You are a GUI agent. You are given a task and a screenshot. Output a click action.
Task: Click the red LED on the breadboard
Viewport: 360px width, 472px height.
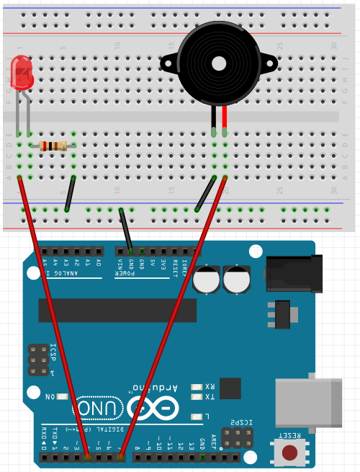(22, 71)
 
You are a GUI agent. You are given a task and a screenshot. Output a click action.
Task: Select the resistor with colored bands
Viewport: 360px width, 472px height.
(54, 146)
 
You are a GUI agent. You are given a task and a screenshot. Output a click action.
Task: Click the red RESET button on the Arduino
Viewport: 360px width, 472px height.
(290, 453)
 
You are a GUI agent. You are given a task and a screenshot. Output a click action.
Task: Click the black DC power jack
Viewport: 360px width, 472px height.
(292, 275)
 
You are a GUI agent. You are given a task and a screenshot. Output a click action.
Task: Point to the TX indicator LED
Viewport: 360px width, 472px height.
(197, 397)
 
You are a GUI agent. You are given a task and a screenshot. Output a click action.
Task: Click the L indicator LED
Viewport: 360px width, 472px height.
(197, 417)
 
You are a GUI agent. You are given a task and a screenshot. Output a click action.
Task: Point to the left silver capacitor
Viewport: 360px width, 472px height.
(207, 279)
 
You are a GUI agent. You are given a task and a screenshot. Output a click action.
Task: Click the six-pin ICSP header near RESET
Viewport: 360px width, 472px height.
(237, 437)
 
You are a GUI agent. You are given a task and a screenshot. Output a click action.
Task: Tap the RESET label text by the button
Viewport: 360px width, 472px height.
(290, 436)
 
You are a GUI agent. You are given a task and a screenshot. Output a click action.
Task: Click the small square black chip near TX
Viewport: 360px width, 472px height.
(230, 388)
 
